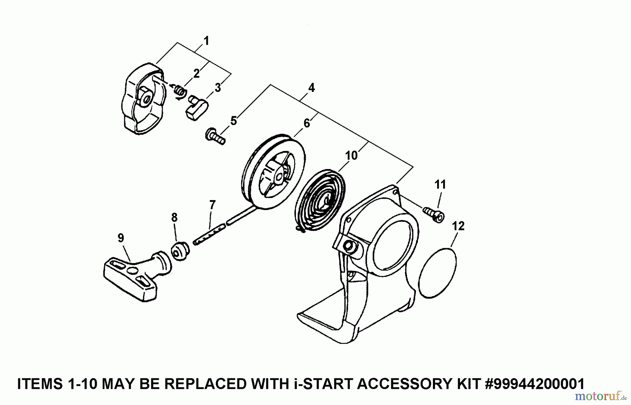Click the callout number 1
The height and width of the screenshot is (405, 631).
pos(206,41)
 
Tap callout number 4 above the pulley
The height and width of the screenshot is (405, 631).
pos(311,88)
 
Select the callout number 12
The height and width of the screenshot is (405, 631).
pos(458,226)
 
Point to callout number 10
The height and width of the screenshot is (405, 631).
pos(351,155)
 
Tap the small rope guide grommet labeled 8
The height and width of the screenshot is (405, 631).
pos(180,251)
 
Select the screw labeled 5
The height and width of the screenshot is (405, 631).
pos(215,136)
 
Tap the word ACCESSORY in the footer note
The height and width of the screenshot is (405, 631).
pos(397,384)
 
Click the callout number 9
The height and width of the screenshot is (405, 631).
pos(121,238)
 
